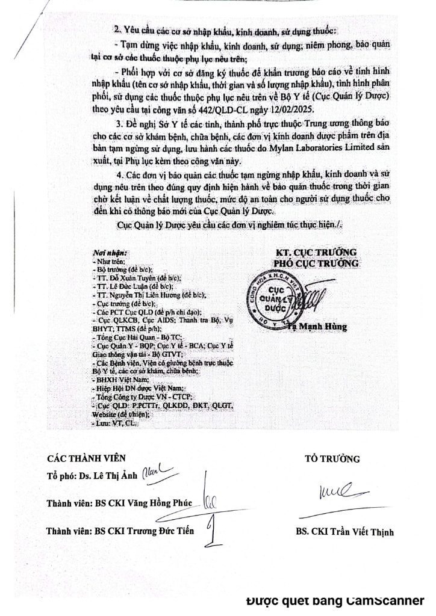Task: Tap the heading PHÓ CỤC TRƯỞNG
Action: pyautogui.click(x=316, y=263)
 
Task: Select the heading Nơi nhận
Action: pyautogui.click(x=109, y=252)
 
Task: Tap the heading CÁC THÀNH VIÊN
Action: pyautogui.click(x=87, y=458)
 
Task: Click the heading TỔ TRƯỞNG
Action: pyautogui.click(x=332, y=458)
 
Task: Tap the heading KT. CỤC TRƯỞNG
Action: pyautogui.click(x=316, y=251)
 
